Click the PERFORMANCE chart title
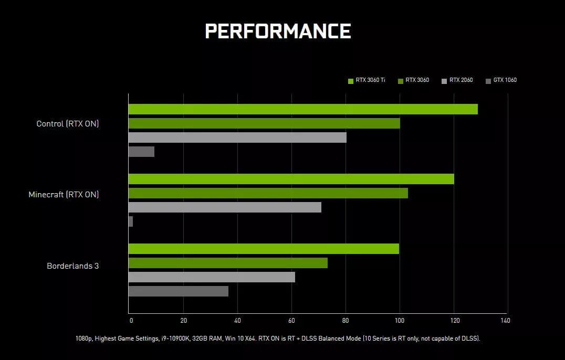(x=278, y=31)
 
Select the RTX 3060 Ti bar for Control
(x=303, y=109)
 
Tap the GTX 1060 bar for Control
(x=141, y=152)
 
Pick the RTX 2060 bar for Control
(x=237, y=137)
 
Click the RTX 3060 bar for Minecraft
(x=268, y=193)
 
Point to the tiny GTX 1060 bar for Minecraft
(x=131, y=221)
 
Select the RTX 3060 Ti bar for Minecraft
(x=291, y=179)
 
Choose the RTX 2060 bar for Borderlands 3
(x=212, y=277)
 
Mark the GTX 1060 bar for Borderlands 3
(x=179, y=291)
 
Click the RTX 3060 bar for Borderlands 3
(x=228, y=263)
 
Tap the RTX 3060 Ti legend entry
(x=367, y=80)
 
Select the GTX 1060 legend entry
(x=501, y=80)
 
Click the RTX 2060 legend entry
(x=457, y=80)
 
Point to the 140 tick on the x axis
(x=505, y=321)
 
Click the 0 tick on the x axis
(x=131, y=321)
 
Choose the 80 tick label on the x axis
(x=346, y=321)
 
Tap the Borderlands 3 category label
(x=73, y=266)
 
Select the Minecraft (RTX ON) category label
(x=64, y=195)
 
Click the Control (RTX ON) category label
(x=68, y=124)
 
